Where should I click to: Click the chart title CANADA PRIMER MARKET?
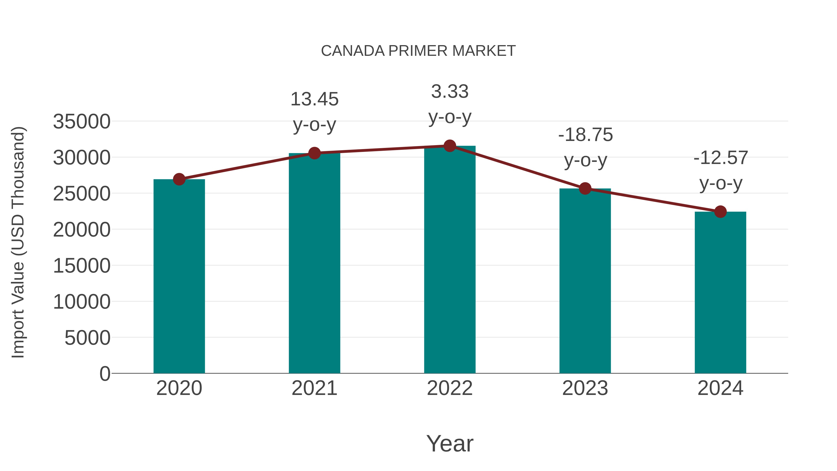tap(418, 51)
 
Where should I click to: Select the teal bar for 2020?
tap(179, 276)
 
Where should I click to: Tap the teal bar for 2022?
tap(450, 260)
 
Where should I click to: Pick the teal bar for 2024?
tap(720, 293)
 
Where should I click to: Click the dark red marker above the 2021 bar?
tap(314, 153)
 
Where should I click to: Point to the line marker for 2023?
tap(585, 189)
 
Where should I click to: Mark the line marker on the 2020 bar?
tap(179, 179)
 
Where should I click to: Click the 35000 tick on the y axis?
tap(82, 122)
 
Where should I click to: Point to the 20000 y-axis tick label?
tap(82, 230)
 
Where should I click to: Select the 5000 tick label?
tap(87, 338)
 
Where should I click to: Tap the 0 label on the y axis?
tap(105, 374)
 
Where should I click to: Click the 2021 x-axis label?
tap(314, 388)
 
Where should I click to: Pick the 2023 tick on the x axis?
tap(585, 388)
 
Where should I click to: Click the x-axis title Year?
tap(450, 444)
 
